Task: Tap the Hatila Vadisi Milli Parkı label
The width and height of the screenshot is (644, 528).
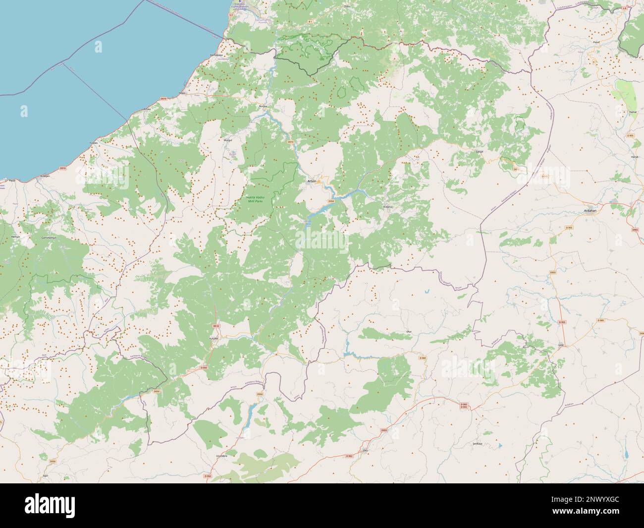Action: point(256,200)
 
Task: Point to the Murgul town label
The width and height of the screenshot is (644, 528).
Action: point(228,141)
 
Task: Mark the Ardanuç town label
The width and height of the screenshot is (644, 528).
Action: point(388,208)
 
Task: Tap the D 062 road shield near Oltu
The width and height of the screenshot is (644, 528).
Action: point(350,456)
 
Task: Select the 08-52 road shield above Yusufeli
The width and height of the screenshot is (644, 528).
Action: point(215,326)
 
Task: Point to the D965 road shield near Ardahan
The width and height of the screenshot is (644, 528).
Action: point(635,231)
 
